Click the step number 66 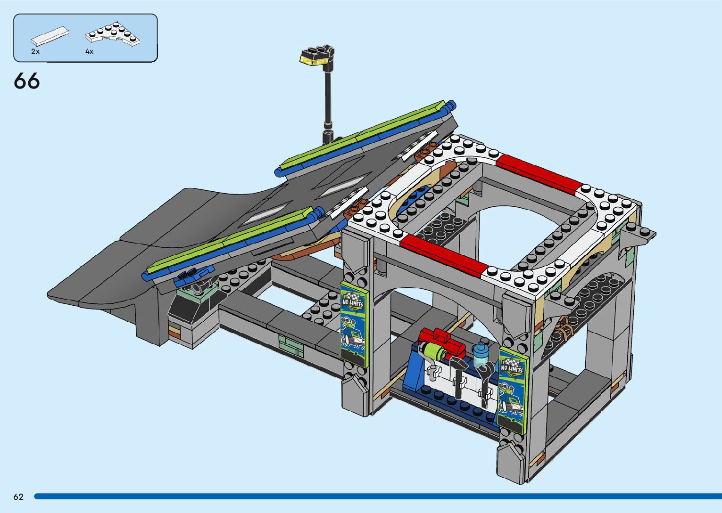click(27, 81)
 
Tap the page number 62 click(18, 497)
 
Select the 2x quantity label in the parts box click(35, 51)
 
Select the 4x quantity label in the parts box click(89, 51)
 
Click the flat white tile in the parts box click(50, 35)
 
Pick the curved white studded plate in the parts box click(113, 34)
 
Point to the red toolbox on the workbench click(441, 342)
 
